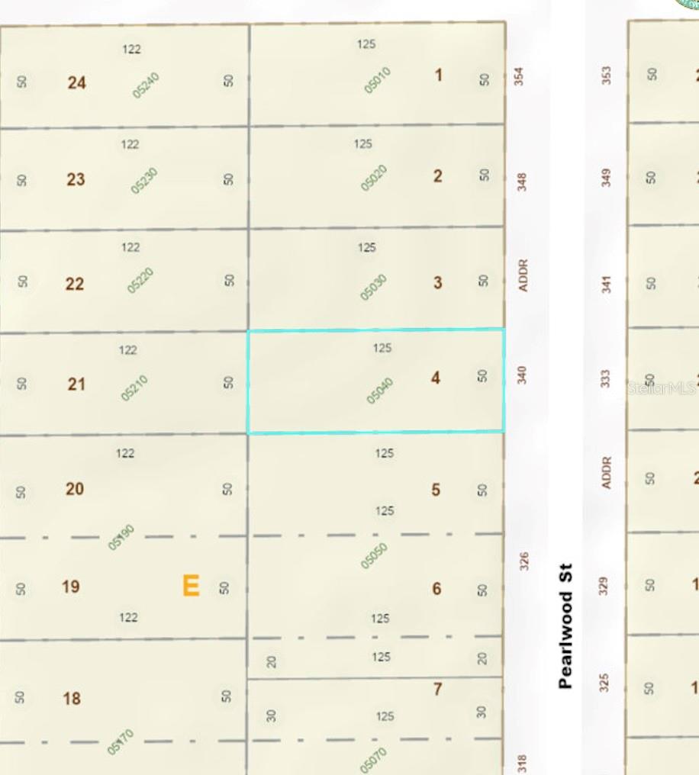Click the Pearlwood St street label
coord(565,626)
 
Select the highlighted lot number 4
coord(435,378)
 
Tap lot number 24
coord(76,82)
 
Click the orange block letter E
coord(191,586)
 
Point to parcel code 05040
coord(379,391)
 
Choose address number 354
coord(519,76)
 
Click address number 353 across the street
coord(606,75)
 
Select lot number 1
coord(438,75)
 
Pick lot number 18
coord(72,698)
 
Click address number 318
coord(523,763)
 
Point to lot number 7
coord(437,689)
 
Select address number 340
coord(522,375)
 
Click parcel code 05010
coord(377,80)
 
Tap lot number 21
coord(76,384)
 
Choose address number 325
coord(604,681)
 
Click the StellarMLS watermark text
coord(661,388)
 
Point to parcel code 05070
coord(374,761)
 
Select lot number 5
coord(436,490)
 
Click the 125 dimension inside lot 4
coord(382,348)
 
